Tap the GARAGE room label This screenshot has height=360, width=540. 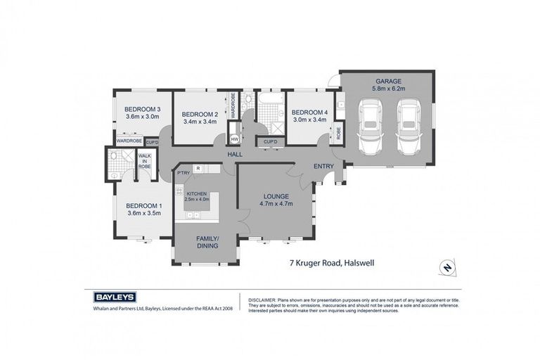point(387,80)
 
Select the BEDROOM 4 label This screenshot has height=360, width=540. point(309,112)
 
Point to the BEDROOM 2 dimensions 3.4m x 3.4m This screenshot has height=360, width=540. point(200,122)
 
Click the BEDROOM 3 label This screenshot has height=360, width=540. point(143,109)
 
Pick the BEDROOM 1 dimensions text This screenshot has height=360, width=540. point(144,213)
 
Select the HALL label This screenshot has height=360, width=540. point(235,154)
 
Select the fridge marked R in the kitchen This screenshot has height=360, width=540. point(199,169)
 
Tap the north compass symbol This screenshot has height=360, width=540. point(445,268)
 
